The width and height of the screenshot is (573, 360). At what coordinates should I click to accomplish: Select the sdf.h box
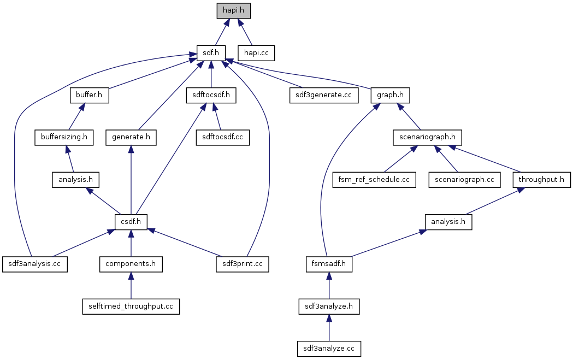click(211, 53)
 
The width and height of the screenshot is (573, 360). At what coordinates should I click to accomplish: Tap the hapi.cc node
click(256, 53)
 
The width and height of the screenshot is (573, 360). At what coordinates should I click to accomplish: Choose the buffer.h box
click(89, 95)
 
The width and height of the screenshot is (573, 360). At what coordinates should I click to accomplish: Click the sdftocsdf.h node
click(211, 95)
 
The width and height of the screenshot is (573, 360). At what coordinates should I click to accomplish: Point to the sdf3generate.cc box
click(324, 95)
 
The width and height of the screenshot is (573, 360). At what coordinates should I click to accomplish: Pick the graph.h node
click(390, 95)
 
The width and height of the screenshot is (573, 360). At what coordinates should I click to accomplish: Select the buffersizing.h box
click(64, 137)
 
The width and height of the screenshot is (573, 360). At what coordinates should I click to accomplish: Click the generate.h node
click(131, 137)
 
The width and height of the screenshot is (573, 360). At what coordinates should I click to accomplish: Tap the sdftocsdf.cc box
click(223, 137)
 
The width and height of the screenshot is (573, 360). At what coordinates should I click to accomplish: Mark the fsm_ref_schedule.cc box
click(374, 179)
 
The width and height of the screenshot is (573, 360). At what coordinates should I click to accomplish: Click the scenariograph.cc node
click(464, 179)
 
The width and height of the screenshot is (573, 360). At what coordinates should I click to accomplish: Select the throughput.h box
click(542, 179)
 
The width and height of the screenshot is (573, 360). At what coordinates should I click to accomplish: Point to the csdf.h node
click(131, 222)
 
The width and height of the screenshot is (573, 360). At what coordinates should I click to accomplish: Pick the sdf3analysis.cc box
click(34, 264)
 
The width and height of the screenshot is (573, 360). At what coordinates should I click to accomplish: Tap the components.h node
click(131, 264)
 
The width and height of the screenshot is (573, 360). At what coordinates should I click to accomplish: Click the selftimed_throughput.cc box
click(131, 306)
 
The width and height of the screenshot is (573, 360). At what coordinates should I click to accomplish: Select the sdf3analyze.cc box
click(329, 348)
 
